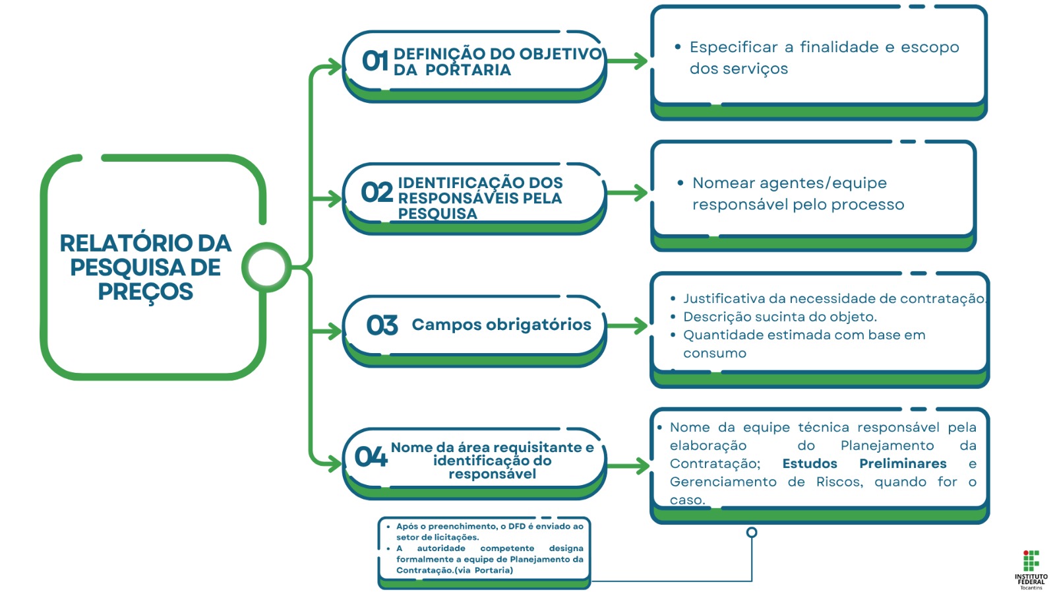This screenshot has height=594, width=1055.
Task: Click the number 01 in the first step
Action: click(375, 61)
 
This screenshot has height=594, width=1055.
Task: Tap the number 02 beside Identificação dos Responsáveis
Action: click(377, 192)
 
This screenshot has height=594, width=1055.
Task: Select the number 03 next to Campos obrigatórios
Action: click(382, 325)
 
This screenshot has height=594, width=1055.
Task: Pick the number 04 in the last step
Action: click(371, 457)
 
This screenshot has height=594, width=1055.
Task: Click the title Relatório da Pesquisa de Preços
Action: click(146, 267)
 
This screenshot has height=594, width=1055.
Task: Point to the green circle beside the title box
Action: click(266, 267)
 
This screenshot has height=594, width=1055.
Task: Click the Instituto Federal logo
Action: click(1031, 570)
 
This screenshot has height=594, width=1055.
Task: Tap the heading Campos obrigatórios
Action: click(502, 324)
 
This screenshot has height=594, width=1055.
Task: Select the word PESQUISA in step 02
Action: click(438, 214)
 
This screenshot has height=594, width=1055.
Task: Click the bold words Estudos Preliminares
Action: click(864, 463)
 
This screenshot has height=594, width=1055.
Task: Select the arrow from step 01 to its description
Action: click(628, 61)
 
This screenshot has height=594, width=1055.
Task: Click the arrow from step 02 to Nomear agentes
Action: click(628, 192)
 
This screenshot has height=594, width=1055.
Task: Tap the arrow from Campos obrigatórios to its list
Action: click(628, 325)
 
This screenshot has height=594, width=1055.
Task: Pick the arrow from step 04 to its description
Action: click(629, 466)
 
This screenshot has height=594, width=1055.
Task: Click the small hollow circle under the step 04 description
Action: click(752, 532)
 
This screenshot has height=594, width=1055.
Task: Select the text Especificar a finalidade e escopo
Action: click(824, 47)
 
